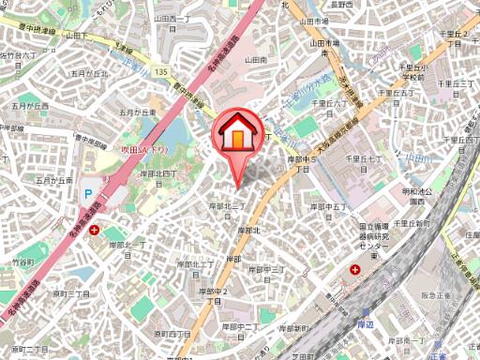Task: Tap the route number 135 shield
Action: tap(161, 71)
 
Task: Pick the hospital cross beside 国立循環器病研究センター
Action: tap(355, 271)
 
